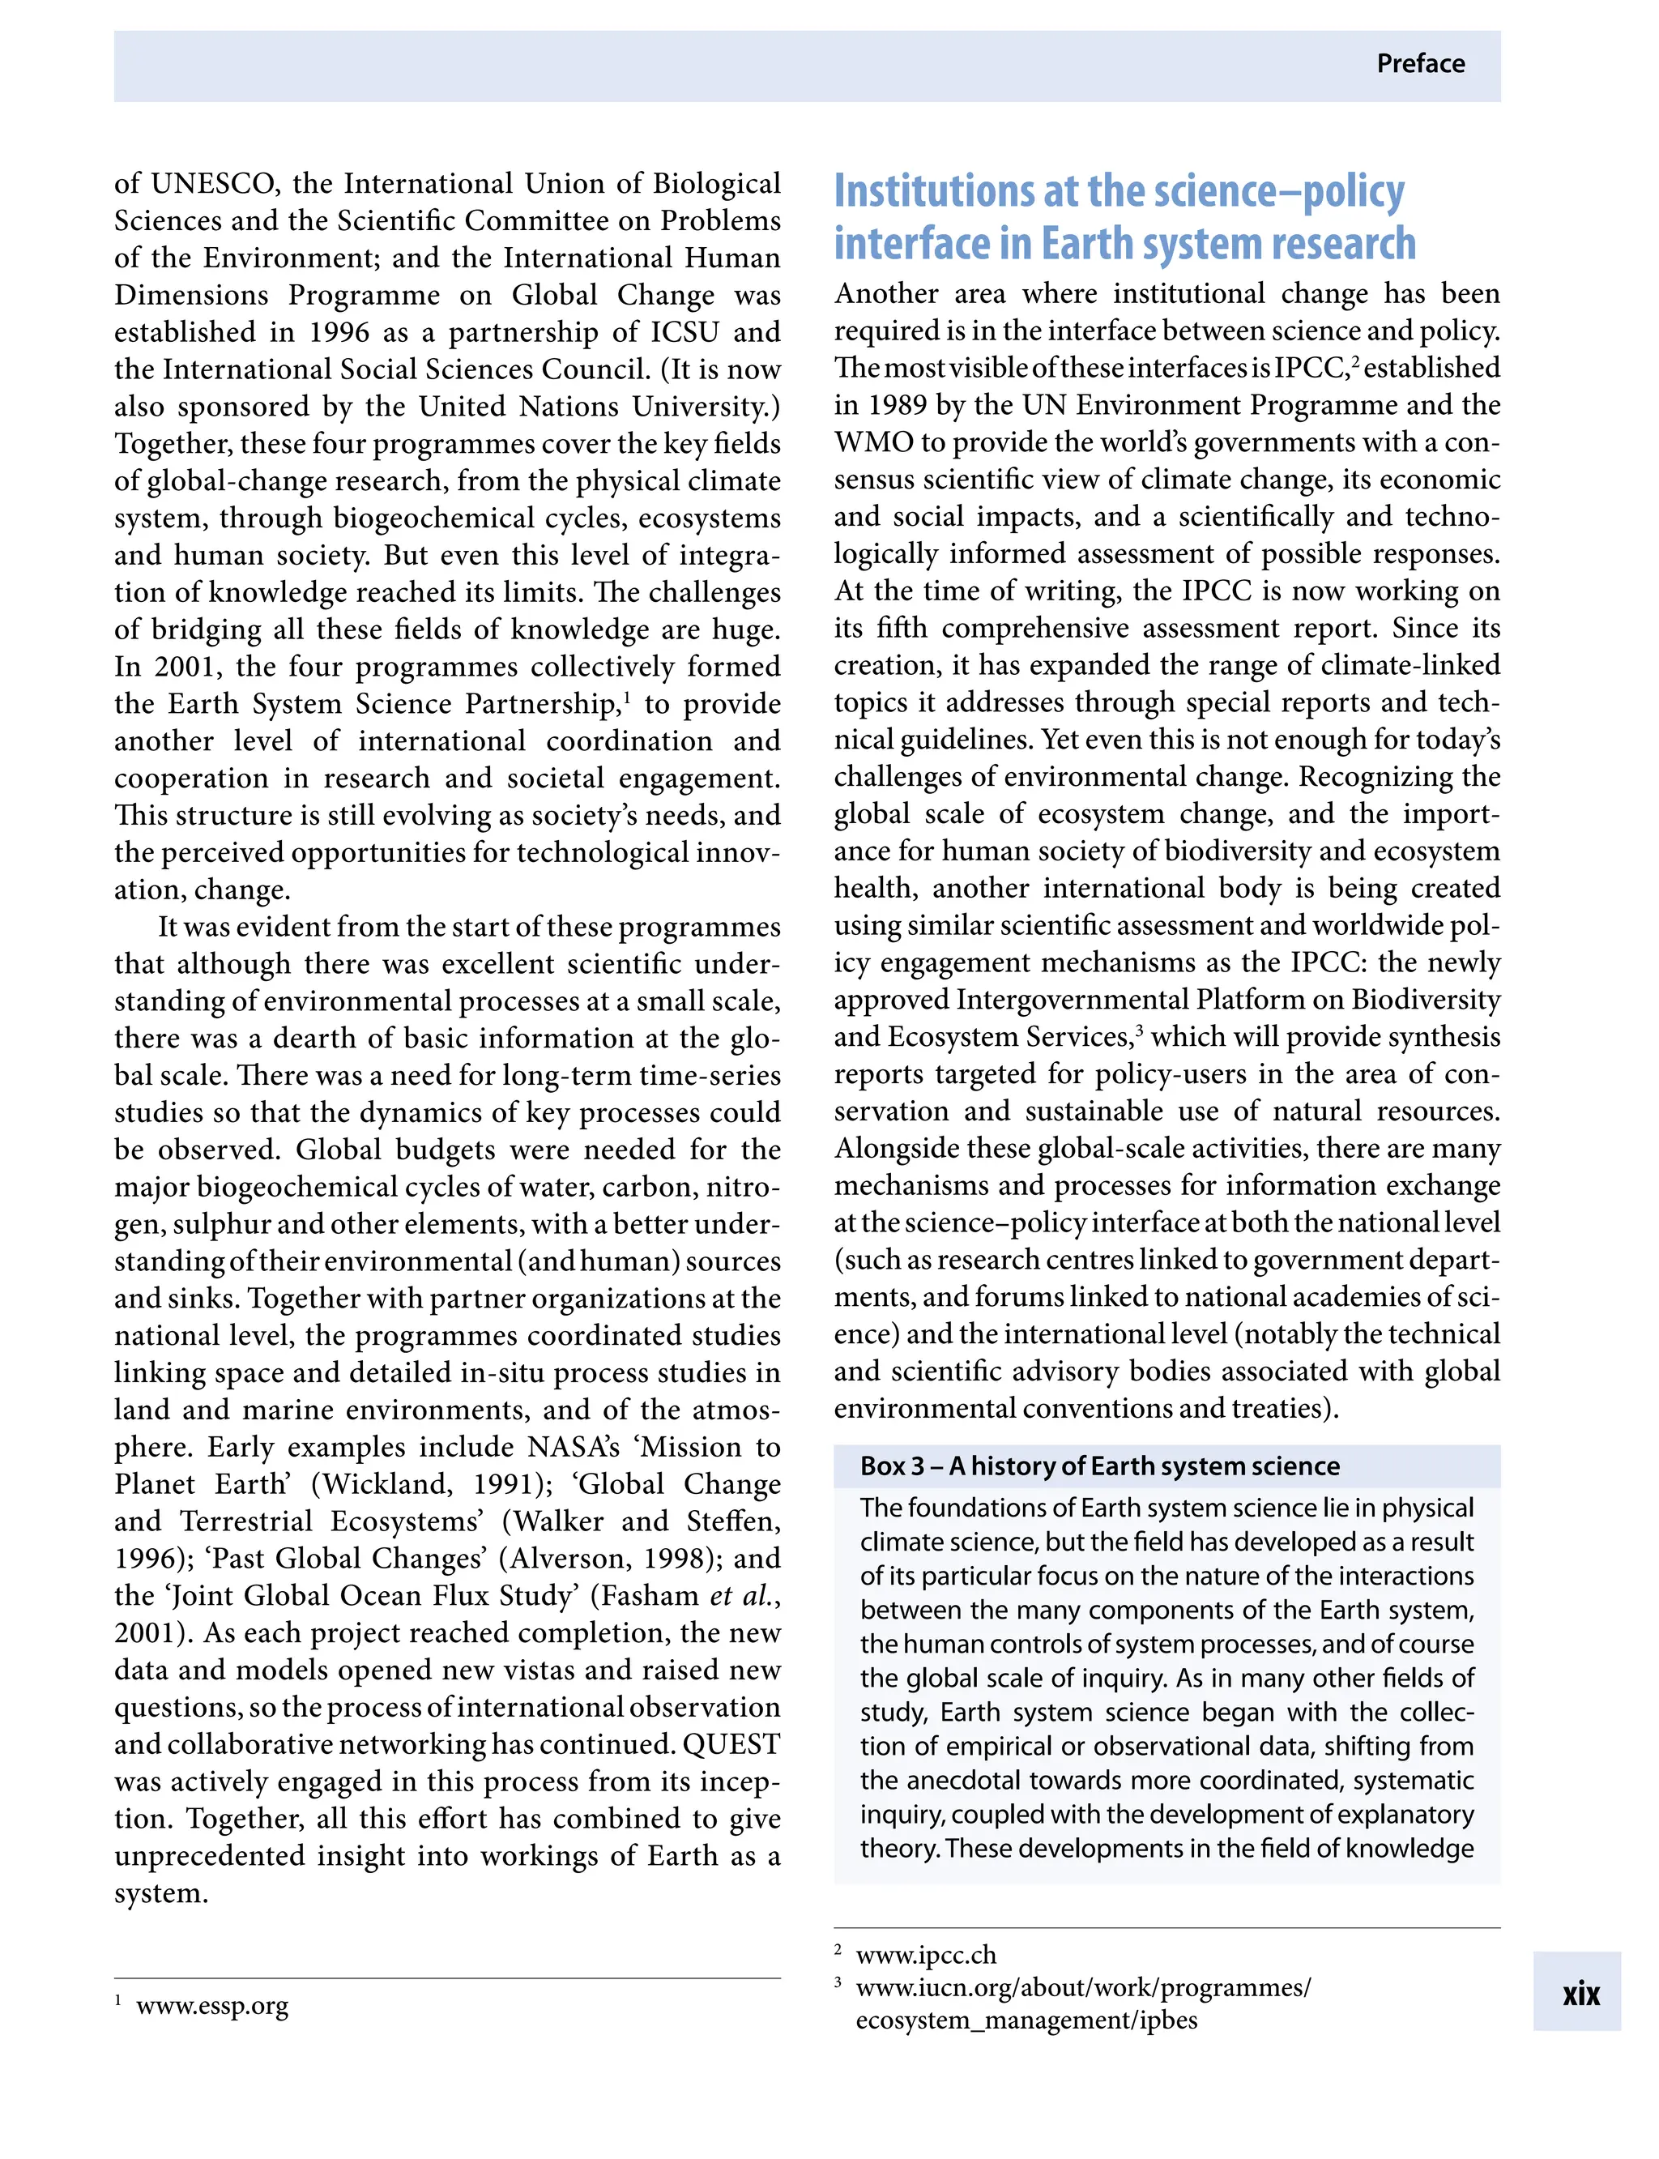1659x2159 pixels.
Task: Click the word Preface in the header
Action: [1420, 64]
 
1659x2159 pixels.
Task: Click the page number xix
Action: [1580, 1994]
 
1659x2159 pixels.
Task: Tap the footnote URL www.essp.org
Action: [212, 2006]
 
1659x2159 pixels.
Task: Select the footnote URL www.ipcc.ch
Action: [925, 1955]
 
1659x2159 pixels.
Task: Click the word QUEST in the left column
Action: [731, 1744]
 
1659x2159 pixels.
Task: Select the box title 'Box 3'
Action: [892, 1466]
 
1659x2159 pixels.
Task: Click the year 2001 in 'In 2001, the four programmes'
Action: [188, 667]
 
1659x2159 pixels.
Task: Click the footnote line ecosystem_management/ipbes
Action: [1026, 2020]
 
